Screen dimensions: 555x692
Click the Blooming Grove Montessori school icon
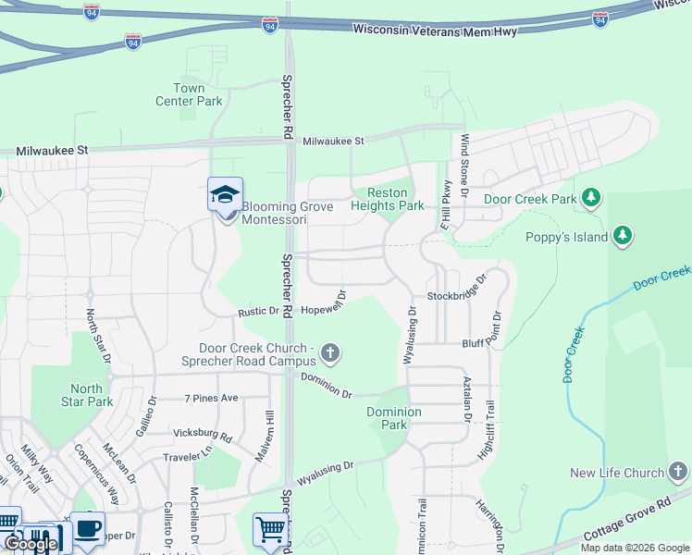click(225, 195)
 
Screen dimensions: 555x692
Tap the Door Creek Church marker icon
click(331, 352)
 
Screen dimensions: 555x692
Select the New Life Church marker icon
click(678, 473)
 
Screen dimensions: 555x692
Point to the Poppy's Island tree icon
click(624, 236)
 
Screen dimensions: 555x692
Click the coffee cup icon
click(88, 528)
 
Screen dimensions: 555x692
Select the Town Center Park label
click(189, 94)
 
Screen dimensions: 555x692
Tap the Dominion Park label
click(394, 418)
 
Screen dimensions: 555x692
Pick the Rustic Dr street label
click(258, 312)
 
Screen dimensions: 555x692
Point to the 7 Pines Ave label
click(211, 398)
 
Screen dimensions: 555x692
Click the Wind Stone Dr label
click(465, 156)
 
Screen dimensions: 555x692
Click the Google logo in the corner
click(30, 544)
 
